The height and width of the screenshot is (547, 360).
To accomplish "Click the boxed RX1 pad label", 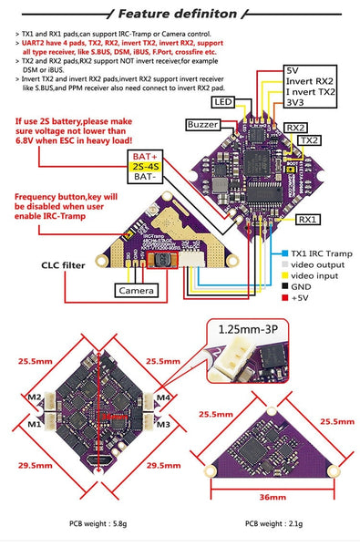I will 307,220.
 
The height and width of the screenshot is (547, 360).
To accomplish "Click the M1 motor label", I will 34,424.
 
